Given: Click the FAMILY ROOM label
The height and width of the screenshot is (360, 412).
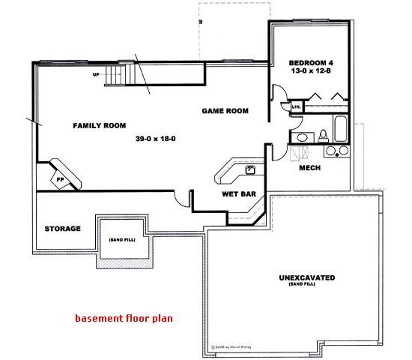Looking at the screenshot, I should [99, 125].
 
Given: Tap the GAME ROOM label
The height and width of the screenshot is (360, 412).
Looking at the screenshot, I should [225, 111].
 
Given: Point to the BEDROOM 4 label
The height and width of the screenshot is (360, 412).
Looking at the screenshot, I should [313, 62].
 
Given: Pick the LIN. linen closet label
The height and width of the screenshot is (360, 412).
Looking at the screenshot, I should [295, 108].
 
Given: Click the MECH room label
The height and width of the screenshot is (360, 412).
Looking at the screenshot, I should [309, 168].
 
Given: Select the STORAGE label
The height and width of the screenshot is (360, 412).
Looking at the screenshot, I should [62, 228].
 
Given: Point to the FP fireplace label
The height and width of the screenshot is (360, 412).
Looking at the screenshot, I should [59, 180].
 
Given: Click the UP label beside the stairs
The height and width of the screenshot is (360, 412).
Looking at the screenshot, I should [96, 75].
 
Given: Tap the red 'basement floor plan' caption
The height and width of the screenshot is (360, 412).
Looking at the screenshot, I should [124, 317].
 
